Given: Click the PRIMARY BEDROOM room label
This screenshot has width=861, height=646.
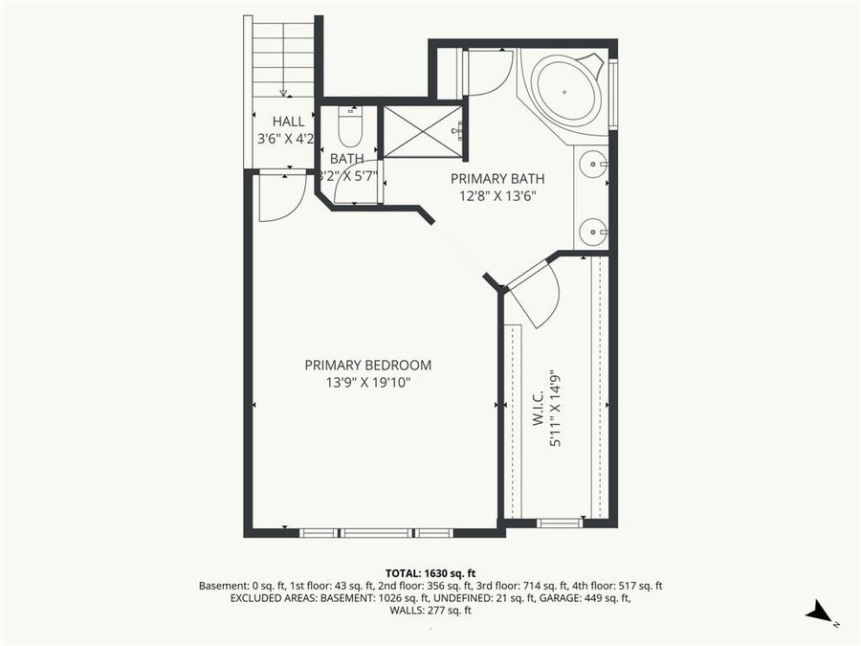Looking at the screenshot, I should coord(367,365).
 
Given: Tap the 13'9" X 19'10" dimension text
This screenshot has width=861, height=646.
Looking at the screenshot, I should coord(367,383).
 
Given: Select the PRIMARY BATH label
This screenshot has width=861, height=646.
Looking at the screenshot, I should coord(497,178).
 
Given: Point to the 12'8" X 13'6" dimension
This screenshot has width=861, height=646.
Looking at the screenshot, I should coord(497,196).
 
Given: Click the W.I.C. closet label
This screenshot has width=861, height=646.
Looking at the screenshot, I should coord(538,407).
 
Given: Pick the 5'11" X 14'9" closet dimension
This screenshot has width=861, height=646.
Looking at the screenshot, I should coord(556,411).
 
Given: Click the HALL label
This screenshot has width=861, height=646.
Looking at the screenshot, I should coord(288,122).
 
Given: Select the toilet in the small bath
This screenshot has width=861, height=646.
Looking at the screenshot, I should coord(349,126).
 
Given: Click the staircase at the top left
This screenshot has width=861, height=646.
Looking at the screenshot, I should coord(283,57).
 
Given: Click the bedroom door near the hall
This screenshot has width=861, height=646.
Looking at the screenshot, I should coord(279,196).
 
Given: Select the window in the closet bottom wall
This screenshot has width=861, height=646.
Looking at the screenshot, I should coord(559,523).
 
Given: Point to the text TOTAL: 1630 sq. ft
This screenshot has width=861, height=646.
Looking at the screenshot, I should coord(430,570).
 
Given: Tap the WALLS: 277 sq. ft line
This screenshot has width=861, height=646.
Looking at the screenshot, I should coord(430,611).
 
